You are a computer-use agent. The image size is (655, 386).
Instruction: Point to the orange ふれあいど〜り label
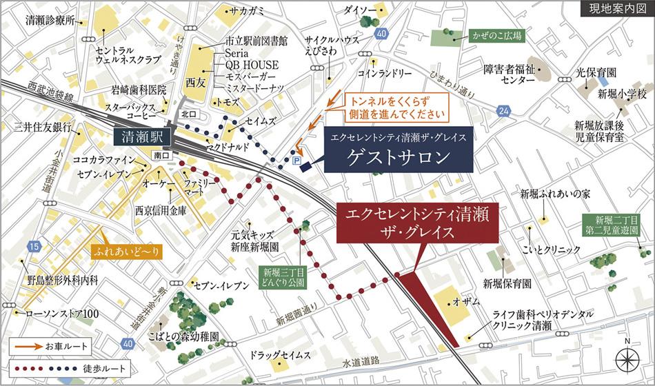[125, 252]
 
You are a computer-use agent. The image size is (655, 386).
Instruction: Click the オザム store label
[468, 302]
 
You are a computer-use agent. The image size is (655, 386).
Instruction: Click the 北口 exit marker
[189, 113]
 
